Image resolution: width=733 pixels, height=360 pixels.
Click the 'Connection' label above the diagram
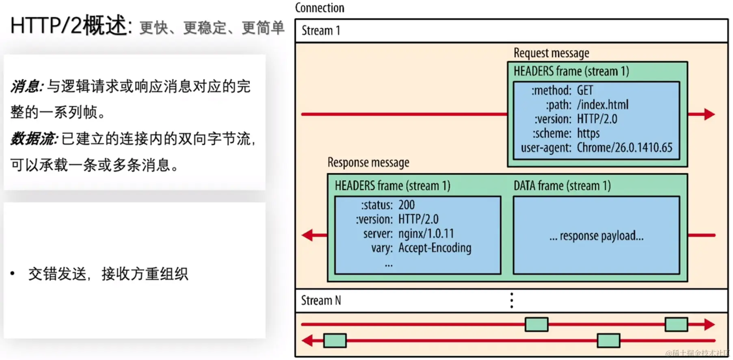[320, 8]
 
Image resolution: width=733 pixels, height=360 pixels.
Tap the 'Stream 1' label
[321, 31]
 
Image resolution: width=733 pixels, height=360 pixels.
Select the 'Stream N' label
[321, 301]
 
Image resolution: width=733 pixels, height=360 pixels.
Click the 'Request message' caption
[551, 53]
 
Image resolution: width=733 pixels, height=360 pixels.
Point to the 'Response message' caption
[368, 163]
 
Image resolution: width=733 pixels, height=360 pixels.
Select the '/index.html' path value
[603, 105]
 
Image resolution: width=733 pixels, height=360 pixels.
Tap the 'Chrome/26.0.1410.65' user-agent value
[625, 147]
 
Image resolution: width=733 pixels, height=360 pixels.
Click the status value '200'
[407, 205]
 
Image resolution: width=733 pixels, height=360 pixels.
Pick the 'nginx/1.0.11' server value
[426, 234]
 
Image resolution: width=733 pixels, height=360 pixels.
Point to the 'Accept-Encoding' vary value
[435, 248]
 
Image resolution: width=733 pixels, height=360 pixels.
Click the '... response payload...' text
[596, 236]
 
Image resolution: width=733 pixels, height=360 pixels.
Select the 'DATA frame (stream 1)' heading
[562, 186]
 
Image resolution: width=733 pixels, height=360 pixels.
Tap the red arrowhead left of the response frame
[308, 235]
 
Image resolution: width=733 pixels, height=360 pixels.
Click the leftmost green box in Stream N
[335, 340]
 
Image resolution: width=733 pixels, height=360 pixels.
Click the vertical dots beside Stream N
[512, 301]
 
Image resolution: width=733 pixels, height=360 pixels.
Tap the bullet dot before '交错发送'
[13, 273]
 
